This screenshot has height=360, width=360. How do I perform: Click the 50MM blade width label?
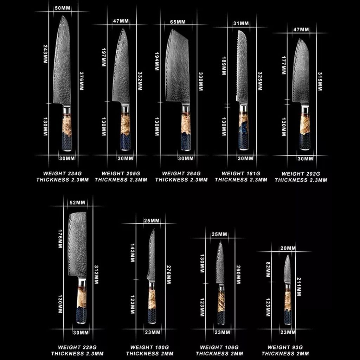pos(63,8)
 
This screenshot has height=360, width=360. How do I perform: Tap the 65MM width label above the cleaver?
pos(178,22)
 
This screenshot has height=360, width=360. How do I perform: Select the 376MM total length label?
pos(82,81)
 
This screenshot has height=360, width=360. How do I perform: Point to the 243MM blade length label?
pos(45,54)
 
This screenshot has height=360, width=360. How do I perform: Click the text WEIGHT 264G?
pos(181,174)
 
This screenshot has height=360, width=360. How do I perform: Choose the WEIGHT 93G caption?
pos(285,347)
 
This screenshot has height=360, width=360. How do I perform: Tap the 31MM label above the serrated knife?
pos(241,24)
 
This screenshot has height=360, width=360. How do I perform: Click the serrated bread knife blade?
pos(242,66)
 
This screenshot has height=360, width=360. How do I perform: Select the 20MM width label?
pos(288,248)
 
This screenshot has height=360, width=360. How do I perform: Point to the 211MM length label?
pos(299,287)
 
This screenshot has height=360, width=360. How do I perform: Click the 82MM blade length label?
pos(268,270)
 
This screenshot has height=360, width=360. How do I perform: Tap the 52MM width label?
pos(77,202)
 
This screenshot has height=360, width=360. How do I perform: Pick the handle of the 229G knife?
pos(82,301)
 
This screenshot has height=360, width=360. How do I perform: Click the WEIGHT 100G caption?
pos(149,347)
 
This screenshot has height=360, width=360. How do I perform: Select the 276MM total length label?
pos(168,275)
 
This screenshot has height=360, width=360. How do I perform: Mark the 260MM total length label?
pos(238,275)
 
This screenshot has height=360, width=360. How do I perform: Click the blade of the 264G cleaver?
pos(178,66)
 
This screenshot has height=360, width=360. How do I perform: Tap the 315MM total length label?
pos(320,82)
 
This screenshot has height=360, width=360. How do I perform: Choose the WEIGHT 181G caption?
pos(241,174)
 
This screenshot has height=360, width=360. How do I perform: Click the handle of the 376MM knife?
pos(67,129)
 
